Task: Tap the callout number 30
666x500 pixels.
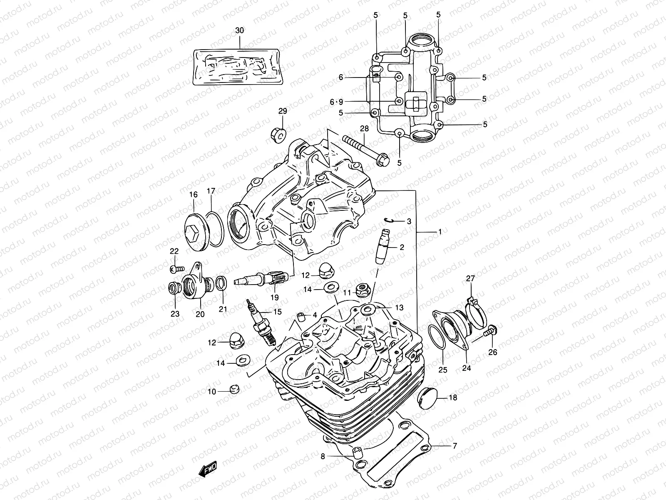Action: point(240,31)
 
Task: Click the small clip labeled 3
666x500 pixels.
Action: point(389,221)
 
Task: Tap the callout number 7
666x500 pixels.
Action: point(455,446)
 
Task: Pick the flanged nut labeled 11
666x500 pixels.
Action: point(362,290)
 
